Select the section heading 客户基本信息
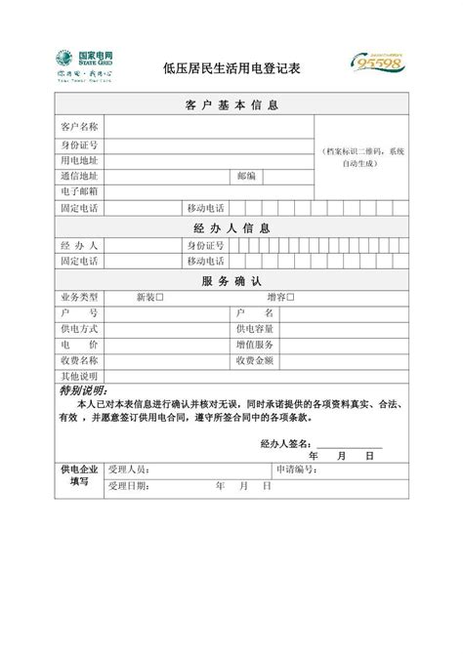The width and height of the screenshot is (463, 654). (231, 105)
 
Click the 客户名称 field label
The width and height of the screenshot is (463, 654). (79, 127)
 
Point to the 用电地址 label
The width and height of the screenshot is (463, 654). (79, 160)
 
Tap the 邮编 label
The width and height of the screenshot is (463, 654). (246, 177)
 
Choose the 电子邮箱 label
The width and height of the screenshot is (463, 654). (79, 192)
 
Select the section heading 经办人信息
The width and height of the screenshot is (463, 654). (231, 227)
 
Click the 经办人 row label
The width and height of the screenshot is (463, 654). (79, 245)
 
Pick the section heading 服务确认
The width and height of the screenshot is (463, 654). (231, 280)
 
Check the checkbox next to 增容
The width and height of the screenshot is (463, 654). (290, 297)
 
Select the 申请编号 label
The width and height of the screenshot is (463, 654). (295, 470)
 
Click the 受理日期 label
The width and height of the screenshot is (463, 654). (129, 485)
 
